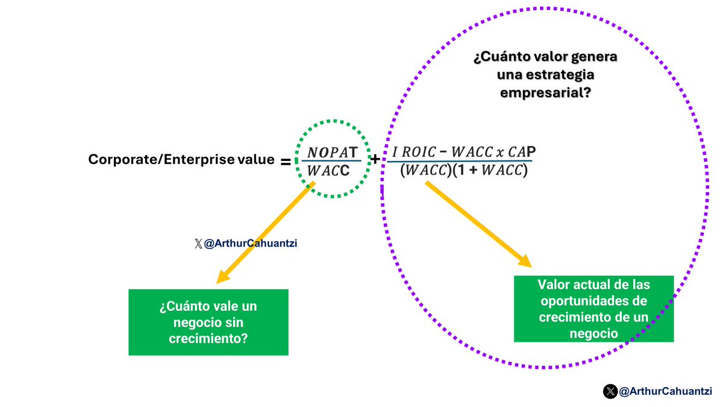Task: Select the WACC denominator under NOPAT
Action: [329, 171]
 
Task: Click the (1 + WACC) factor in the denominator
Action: [494, 171]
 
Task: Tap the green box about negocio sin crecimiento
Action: [208, 322]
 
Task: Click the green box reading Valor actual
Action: [593, 309]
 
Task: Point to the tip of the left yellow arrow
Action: [219, 281]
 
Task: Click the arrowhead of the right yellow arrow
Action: [528, 264]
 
